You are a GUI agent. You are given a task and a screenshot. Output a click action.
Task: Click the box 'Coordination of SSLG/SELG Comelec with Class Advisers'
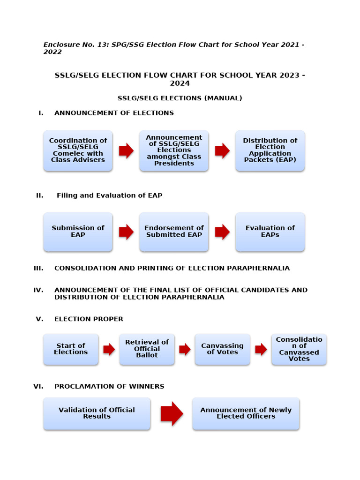[x=78, y=150]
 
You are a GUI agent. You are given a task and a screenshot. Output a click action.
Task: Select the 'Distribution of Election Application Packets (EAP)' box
[x=270, y=150]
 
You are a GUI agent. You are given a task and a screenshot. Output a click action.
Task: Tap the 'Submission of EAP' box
[x=78, y=232]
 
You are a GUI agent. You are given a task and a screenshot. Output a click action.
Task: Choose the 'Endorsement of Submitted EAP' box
[x=174, y=232]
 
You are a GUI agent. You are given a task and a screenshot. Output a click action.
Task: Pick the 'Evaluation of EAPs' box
[x=270, y=232]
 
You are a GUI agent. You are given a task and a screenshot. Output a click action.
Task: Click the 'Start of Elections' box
[x=71, y=349]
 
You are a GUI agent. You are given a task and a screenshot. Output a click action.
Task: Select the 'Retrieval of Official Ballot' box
[x=147, y=349]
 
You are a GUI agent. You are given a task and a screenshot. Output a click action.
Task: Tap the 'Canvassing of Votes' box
[x=222, y=349]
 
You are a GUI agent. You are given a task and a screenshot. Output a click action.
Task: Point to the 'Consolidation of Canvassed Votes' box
[x=299, y=349]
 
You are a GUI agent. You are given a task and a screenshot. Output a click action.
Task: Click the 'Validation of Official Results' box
[x=97, y=413]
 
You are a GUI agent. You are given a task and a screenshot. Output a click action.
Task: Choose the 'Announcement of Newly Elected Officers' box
[x=246, y=413]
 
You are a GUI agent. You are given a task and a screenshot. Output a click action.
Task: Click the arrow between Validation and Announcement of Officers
[x=172, y=413]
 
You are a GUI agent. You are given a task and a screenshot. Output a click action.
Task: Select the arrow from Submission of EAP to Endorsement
[x=126, y=232]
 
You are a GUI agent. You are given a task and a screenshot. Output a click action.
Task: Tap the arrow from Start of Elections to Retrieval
[x=109, y=349]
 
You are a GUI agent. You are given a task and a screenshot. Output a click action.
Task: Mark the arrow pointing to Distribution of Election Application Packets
[x=222, y=150]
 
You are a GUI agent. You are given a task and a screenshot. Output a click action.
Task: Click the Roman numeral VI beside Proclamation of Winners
[x=38, y=387]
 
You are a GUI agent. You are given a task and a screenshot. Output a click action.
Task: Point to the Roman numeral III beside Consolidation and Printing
[x=38, y=268]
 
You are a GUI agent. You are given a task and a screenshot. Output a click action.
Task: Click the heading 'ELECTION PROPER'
[x=89, y=319]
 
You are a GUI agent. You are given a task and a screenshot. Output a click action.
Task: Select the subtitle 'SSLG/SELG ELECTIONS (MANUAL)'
[x=180, y=98]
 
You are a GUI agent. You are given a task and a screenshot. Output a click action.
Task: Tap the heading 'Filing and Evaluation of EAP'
[x=109, y=195]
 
